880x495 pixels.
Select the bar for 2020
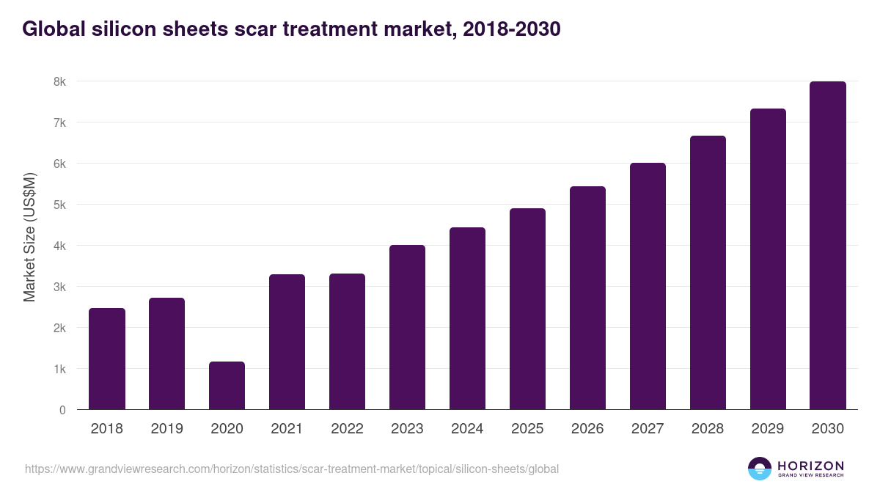[227, 386]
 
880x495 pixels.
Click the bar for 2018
[107, 359]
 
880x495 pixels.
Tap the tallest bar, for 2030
[828, 246]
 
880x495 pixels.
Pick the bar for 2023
[407, 327]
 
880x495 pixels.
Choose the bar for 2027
[648, 286]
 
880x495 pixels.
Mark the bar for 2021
[287, 342]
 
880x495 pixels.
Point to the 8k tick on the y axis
[59, 81]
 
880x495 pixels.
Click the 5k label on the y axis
[59, 205]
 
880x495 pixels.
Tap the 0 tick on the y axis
[62, 410]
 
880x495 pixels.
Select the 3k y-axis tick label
[59, 287]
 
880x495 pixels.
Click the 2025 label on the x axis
[527, 428]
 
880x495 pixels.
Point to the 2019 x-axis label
[166, 428]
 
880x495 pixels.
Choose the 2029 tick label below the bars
[768, 428]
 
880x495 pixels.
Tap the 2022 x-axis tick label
[347, 428]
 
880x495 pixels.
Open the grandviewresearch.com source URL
[292, 469]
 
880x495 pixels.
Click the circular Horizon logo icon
[760, 469]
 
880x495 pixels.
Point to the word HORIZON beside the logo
[810, 466]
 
